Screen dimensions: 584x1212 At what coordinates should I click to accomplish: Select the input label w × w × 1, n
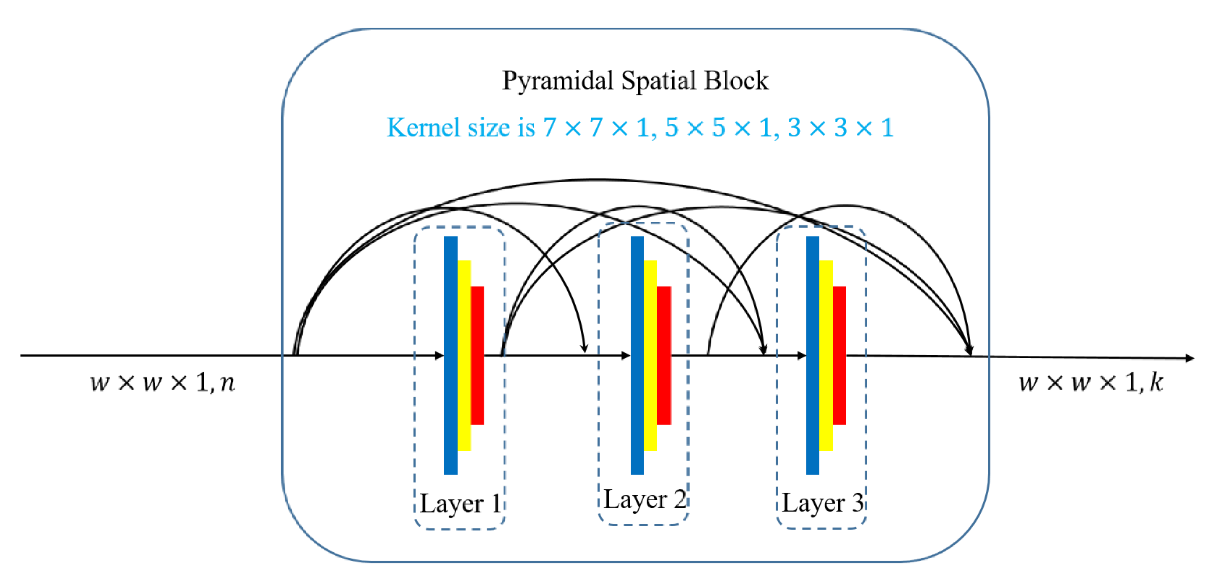click(x=162, y=382)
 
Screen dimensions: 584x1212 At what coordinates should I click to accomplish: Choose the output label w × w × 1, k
click(x=1091, y=382)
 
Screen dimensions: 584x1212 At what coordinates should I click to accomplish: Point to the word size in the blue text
click(x=489, y=128)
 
